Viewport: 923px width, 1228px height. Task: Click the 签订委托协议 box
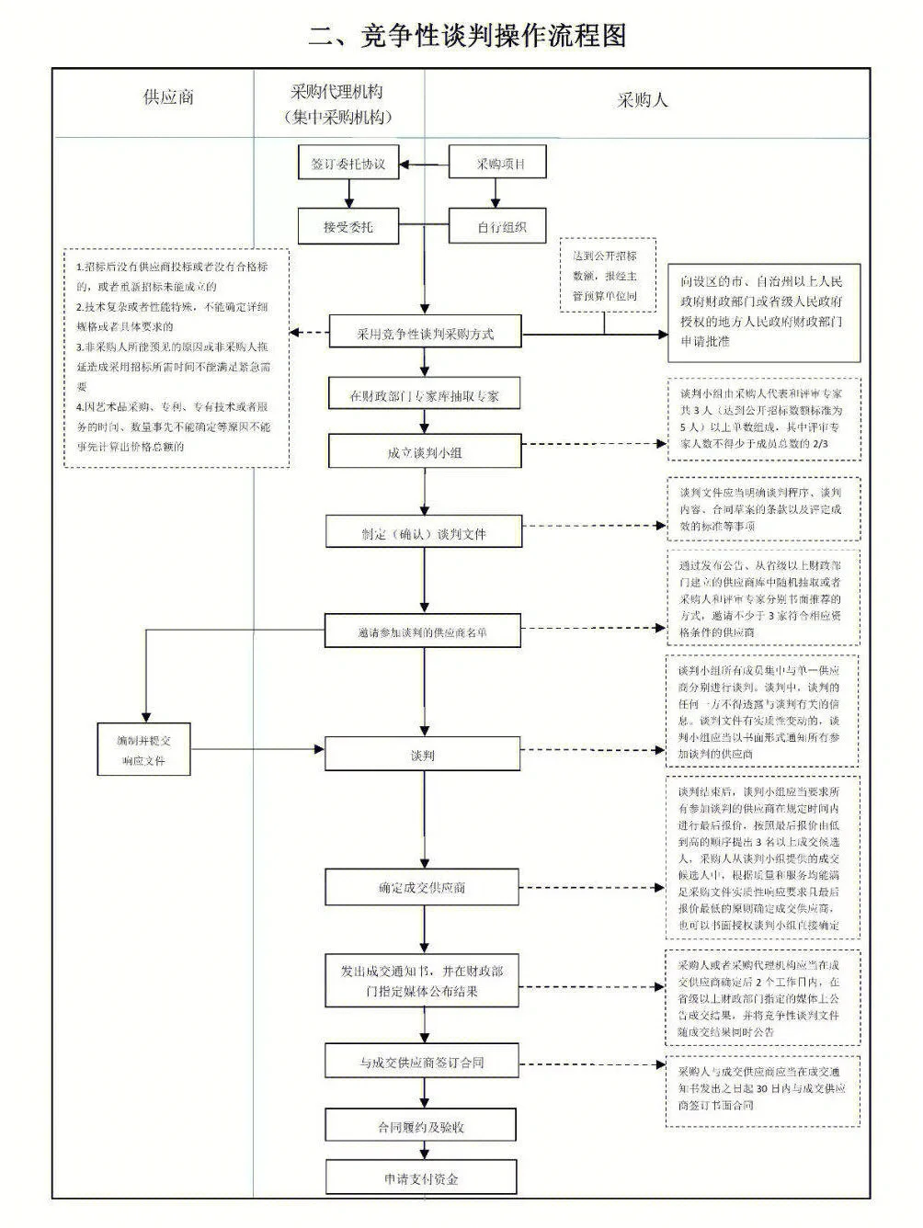[348, 165]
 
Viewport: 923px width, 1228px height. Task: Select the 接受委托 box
[348, 226]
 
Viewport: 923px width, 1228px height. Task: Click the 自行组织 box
[498, 226]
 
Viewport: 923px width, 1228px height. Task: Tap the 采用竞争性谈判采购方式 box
[425, 333]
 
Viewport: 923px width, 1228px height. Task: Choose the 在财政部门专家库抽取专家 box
[425, 395]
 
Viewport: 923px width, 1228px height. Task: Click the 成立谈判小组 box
[425, 452]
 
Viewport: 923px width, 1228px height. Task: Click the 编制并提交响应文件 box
[143, 750]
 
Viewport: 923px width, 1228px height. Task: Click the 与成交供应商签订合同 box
[422, 1062]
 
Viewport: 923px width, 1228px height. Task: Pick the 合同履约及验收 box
[421, 1126]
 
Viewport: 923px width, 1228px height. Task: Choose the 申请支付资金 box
[421, 1178]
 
